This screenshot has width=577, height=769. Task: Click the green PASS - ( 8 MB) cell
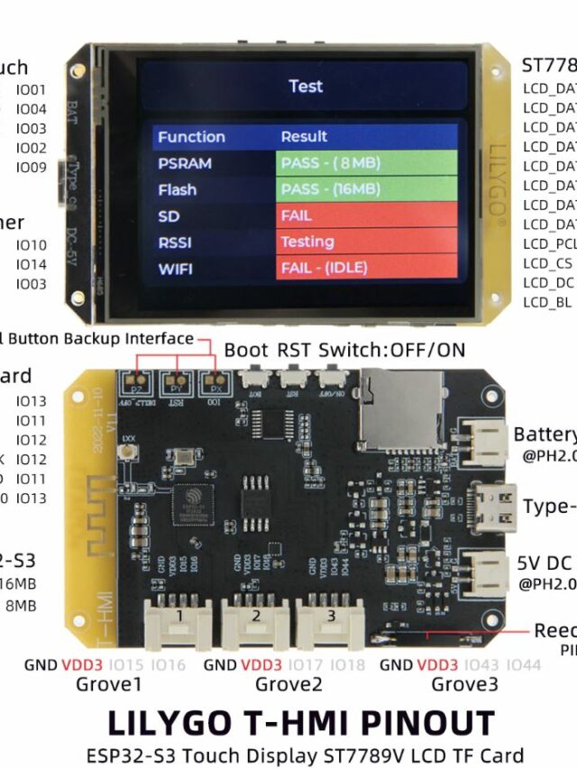366,163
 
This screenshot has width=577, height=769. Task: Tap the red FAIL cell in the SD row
366,216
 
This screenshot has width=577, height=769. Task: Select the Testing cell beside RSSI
366,242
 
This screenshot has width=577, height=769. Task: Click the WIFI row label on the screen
176,269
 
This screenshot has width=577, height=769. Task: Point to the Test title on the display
306,87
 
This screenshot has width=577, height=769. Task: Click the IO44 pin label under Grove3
524,665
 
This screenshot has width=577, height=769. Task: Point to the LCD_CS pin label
547,263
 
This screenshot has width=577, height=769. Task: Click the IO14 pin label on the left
32,264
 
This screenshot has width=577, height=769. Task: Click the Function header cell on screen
191,137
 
